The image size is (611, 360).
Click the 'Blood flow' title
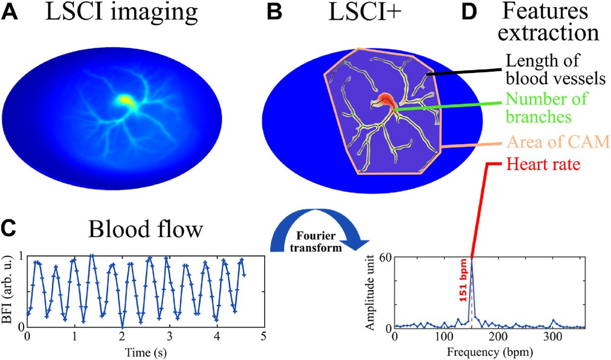coord(145,230)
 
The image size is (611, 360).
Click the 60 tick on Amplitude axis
coord(385,257)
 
